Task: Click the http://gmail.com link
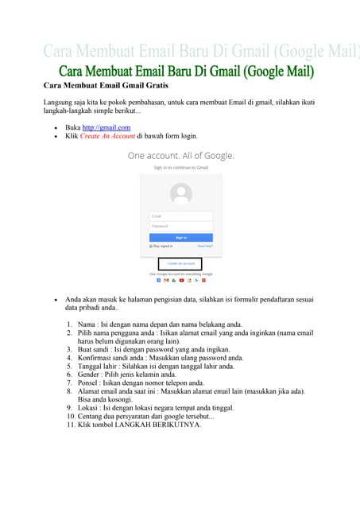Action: click(106, 127)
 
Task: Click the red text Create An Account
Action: click(106, 136)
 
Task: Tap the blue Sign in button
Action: click(181, 238)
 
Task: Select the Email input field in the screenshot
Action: click(181, 216)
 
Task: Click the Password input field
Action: click(181, 226)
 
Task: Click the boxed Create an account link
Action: click(180, 263)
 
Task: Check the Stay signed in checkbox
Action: click(151, 247)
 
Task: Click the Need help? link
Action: click(205, 247)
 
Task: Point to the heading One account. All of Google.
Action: click(181, 156)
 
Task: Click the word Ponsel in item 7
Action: click(89, 383)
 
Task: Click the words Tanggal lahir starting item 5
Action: click(100, 367)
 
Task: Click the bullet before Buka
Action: click(55, 127)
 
